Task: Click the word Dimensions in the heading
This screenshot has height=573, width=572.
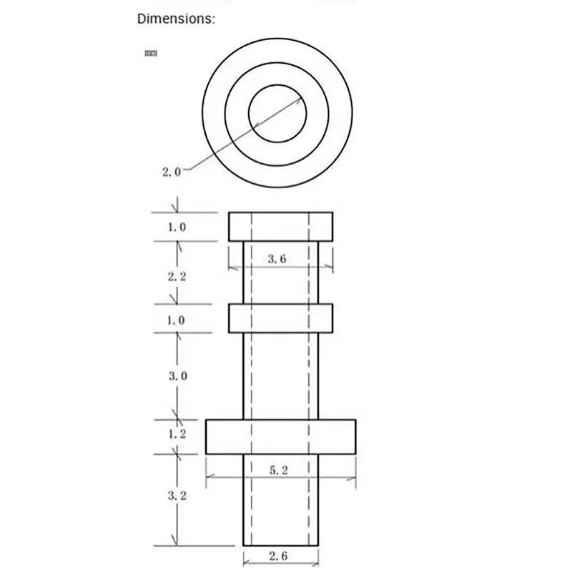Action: [175, 19]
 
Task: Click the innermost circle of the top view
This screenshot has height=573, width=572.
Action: [277, 114]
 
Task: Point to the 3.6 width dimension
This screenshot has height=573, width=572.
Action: [277, 260]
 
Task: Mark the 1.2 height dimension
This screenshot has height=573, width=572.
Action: [177, 434]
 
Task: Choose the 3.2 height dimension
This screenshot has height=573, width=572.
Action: [177, 495]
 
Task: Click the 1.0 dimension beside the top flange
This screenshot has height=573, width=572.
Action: [177, 227]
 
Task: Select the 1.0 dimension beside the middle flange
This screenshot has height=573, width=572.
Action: [177, 320]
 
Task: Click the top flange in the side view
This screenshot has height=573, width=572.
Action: [280, 226]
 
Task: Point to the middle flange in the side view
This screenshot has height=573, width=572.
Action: [280, 318]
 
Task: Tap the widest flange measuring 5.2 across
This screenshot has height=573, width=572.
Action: [280, 436]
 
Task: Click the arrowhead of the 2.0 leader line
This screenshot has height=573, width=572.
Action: [298, 101]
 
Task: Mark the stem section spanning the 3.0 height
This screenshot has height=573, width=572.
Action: [280, 376]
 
